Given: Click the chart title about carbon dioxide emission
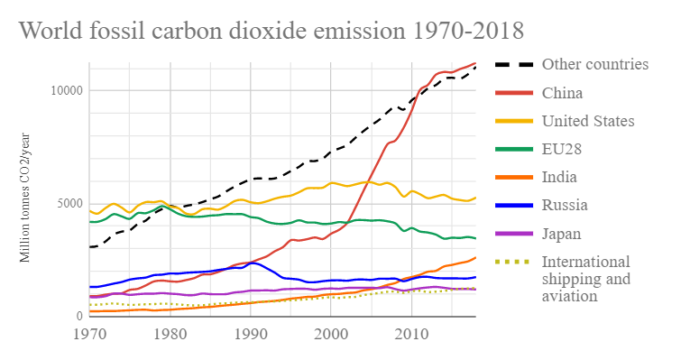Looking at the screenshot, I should (271, 31).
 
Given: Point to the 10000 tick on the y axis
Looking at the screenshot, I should (65, 90).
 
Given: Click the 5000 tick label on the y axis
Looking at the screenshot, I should (69, 203).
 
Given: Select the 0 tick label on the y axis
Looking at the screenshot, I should (79, 316).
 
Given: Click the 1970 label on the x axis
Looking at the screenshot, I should (88, 335).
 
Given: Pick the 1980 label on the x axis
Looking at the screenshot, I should (170, 335).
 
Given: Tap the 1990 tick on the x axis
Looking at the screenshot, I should (251, 335).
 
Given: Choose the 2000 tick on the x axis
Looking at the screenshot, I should (331, 335).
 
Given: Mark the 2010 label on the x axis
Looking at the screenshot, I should (412, 335).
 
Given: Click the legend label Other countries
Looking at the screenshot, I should (594, 64).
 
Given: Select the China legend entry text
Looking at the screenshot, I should (562, 93).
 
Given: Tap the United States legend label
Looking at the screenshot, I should (588, 121).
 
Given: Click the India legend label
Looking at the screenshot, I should (560, 177).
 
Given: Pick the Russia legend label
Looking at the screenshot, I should (564, 205).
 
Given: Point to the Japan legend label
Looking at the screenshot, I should (562, 233).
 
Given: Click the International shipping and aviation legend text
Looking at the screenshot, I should (585, 278).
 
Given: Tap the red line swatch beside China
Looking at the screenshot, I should (513, 93).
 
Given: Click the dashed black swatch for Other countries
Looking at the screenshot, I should (513, 65).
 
